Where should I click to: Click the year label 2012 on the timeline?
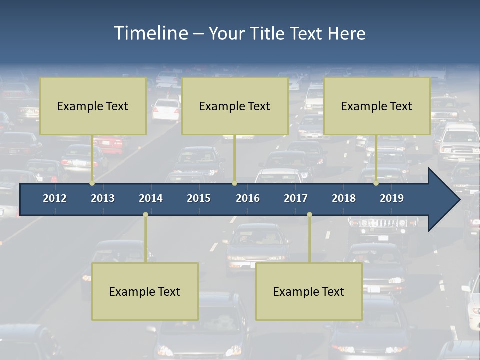[55, 198]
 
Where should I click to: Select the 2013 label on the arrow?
[103, 198]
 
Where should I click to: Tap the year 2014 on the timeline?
[151, 198]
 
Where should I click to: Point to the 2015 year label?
[199, 198]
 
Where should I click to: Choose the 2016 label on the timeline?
[248, 198]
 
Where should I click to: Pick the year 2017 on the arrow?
[296, 198]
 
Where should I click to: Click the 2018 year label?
[344, 198]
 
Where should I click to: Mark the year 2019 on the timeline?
[392, 198]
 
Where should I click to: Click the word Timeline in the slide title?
[150, 33]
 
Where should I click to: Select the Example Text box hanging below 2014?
[145, 291]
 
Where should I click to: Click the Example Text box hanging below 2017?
[309, 291]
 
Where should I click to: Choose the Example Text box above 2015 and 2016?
[235, 106]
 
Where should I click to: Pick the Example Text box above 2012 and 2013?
[93, 106]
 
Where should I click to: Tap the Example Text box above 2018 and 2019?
[377, 106]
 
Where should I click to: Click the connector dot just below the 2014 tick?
[145, 215]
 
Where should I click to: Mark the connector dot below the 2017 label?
[309, 215]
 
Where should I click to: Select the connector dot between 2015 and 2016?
[234, 183]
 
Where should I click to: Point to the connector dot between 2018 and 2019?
[376, 183]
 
